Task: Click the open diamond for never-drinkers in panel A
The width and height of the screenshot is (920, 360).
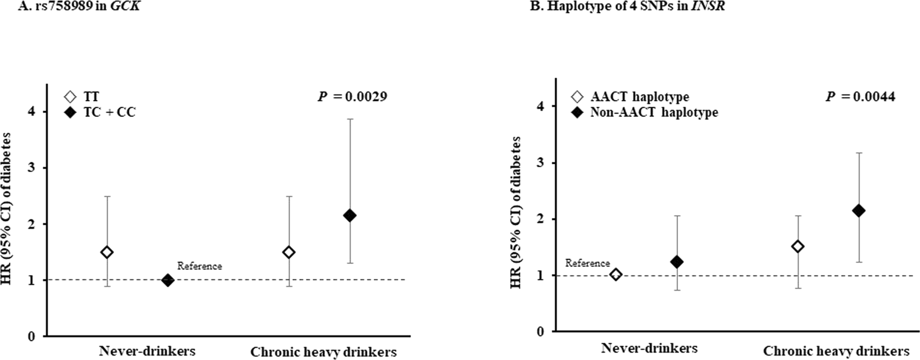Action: pyautogui.click(x=107, y=252)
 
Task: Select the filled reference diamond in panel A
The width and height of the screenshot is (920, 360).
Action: pyautogui.click(x=167, y=280)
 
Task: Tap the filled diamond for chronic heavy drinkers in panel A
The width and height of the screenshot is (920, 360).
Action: pyautogui.click(x=350, y=215)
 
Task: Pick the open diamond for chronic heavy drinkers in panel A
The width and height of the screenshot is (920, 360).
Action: pyautogui.click(x=289, y=252)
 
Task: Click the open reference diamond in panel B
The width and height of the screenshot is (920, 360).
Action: pyautogui.click(x=616, y=274)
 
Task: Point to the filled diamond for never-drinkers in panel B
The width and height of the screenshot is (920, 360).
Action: pyautogui.click(x=677, y=262)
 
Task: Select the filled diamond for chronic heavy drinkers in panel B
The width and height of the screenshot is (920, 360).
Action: pyautogui.click(x=858, y=211)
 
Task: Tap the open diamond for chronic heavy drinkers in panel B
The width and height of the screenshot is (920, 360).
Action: pyautogui.click(x=798, y=247)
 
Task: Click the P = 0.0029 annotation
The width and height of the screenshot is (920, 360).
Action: pyautogui.click(x=352, y=97)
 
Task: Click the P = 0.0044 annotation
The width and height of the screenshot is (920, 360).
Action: pyautogui.click(x=860, y=97)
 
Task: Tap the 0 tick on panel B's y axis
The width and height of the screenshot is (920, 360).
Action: pyautogui.click(x=540, y=331)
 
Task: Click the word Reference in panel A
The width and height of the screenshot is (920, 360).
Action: pyautogui.click(x=200, y=266)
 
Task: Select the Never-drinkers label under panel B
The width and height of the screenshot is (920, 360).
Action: pyautogui.click(x=649, y=348)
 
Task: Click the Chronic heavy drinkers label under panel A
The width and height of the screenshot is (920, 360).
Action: pyautogui.click(x=323, y=352)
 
